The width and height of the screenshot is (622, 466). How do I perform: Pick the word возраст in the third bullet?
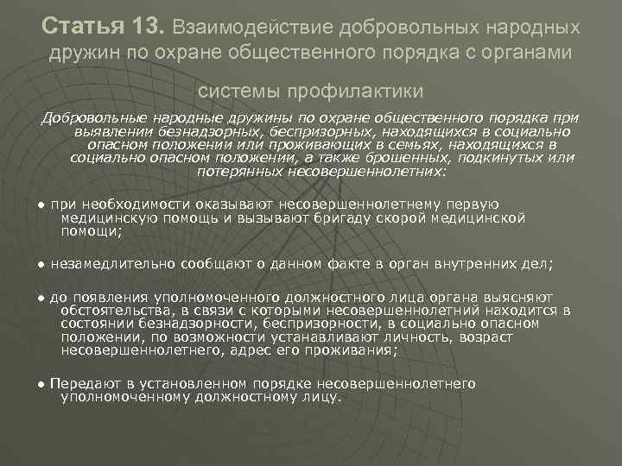click(x=486, y=337)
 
